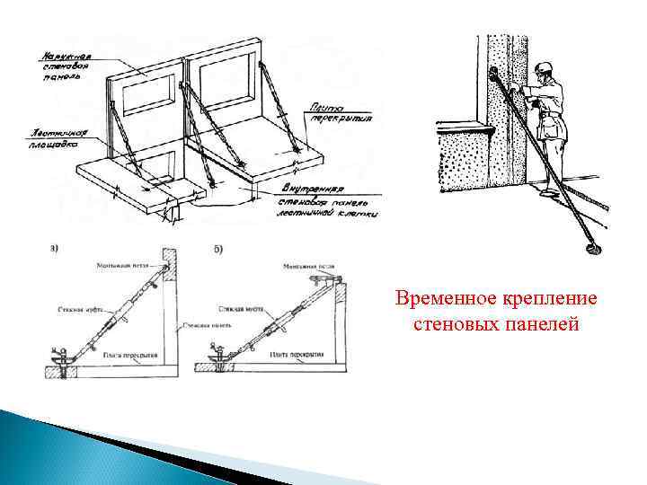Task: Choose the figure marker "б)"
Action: (x=218, y=248)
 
